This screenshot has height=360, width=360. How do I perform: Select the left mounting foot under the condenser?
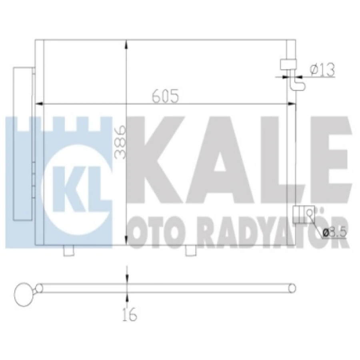69,250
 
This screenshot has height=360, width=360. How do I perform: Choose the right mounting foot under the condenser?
191,250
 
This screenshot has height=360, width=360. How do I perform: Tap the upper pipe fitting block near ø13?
288,65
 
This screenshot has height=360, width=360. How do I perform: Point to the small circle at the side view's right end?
293,288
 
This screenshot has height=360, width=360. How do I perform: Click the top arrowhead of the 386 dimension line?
127,44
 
